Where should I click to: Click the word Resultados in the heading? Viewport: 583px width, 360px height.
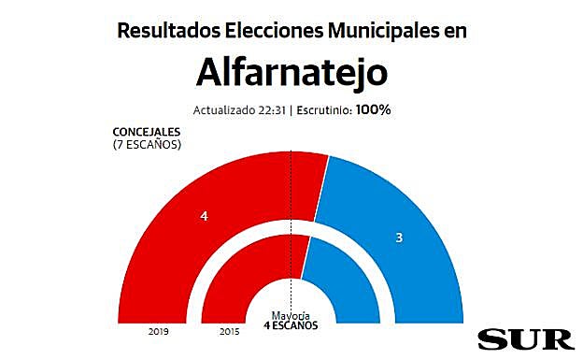169,30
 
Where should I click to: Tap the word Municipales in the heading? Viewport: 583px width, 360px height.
382,30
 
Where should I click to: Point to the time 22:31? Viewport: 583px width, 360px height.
270,109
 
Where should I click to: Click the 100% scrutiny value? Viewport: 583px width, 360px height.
373,109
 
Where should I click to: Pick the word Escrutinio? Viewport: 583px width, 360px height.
322,109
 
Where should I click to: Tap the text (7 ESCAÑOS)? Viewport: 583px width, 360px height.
146,145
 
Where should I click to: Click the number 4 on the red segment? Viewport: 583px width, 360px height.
204,216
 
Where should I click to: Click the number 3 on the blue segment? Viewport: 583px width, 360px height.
399,238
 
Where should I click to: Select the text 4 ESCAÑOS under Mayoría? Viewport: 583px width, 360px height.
291,325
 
